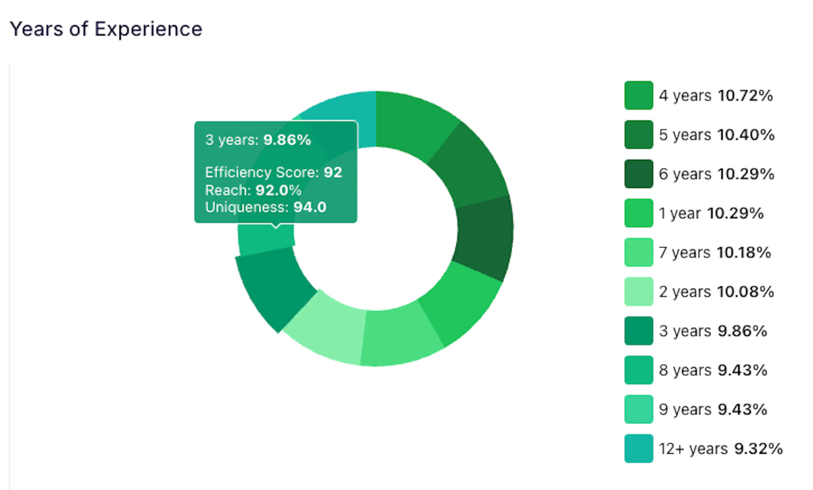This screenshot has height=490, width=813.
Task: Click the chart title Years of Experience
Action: [106, 29]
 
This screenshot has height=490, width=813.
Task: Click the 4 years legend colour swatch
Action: [639, 95]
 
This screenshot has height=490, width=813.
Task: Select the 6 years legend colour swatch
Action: [639, 174]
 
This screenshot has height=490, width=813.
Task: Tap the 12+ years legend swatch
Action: [639, 449]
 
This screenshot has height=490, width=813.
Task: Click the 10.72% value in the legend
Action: [745, 96]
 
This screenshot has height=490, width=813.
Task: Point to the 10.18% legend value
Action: [744, 252]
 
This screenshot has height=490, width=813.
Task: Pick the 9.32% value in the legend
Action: [758, 449]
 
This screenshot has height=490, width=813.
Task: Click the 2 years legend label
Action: [685, 292]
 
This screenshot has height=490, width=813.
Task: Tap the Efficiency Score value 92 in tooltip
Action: [333, 172]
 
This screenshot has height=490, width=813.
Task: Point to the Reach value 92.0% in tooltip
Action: [278, 190]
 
